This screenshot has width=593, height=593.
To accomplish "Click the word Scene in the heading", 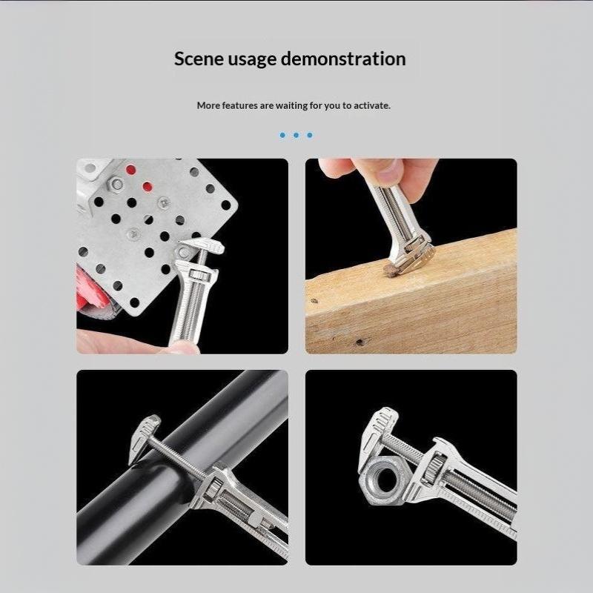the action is click(x=199, y=59).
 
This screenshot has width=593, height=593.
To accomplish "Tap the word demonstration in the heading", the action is click(x=343, y=59).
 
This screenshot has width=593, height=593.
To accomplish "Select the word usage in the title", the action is click(x=252, y=61).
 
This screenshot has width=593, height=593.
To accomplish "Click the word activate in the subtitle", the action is click(x=371, y=105).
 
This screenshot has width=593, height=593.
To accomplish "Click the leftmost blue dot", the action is click(x=282, y=135).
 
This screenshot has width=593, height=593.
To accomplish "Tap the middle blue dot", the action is click(x=296, y=135).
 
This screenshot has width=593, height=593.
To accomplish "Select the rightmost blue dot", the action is click(x=310, y=135).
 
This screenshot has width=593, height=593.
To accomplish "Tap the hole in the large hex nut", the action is click(x=386, y=480).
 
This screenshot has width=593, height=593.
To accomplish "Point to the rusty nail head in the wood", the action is click(x=390, y=269).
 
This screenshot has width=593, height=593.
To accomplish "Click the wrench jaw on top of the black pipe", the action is click(x=145, y=439).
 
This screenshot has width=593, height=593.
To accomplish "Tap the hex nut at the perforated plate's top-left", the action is click(x=115, y=184).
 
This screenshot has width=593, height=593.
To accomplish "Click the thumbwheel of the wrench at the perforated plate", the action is click(x=197, y=274).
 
